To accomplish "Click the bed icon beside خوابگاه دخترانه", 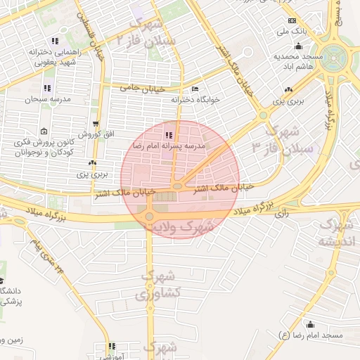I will point(195,89).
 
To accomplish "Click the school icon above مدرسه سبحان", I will point(48,89).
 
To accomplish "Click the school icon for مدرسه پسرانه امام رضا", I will point(168,134).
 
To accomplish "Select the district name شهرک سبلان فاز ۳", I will point(290,141).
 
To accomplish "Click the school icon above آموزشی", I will point(110,346).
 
